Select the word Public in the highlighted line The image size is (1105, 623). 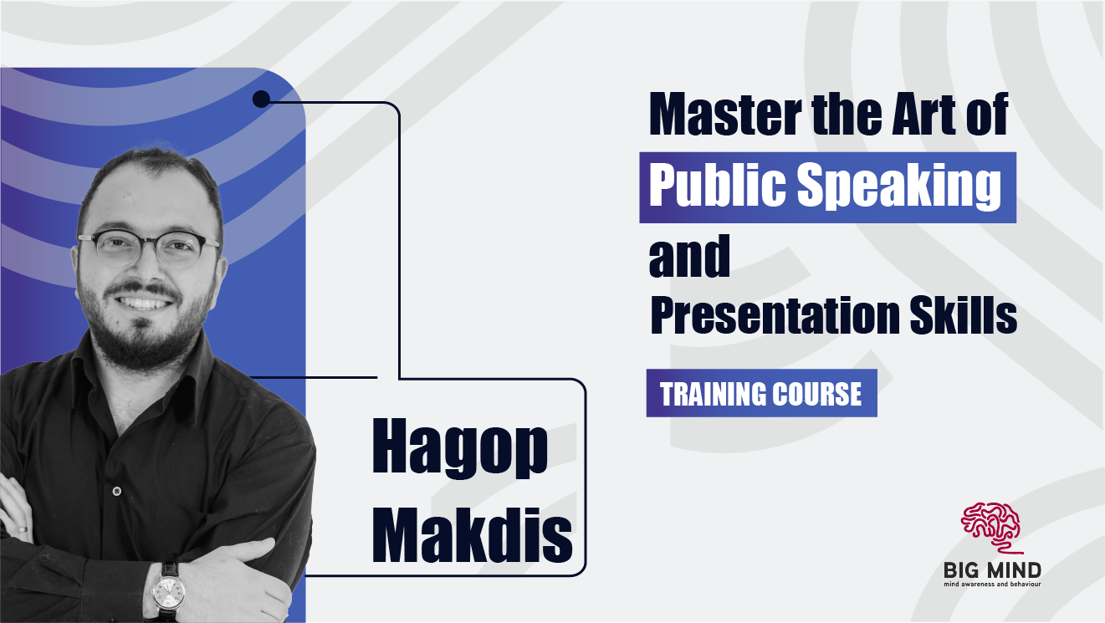click(715, 186)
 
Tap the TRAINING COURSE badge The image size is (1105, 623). click(761, 393)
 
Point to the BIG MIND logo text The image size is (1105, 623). click(992, 570)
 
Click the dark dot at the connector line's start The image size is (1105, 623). click(261, 100)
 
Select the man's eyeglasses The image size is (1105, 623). click(149, 248)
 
